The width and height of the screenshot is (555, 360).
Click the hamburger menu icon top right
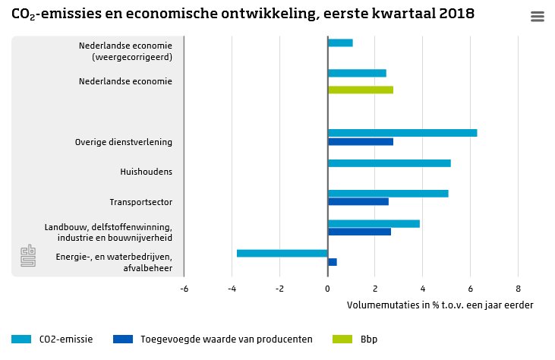click(x=538, y=17)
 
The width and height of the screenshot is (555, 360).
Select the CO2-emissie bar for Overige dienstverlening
click(x=402, y=133)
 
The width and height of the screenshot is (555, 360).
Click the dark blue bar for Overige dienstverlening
click(x=361, y=142)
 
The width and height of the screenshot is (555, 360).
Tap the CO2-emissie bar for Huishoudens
click(x=389, y=163)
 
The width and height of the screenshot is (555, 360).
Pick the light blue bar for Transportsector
click(x=388, y=193)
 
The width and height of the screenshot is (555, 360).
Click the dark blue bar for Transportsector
click(x=358, y=202)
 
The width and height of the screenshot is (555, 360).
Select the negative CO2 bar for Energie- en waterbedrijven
click(x=282, y=253)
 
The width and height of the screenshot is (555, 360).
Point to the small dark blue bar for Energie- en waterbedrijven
click(x=333, y=262)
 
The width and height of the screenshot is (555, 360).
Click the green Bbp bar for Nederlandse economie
click(x=361, y=90)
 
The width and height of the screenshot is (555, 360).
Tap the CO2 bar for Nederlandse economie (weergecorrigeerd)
click(x=340, y=43)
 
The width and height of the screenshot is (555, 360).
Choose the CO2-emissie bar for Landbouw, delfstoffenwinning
click(x=374, y=223)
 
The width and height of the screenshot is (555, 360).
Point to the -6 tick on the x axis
click(x=184, y=289)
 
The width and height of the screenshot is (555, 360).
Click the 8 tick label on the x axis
click(x=518, y=289)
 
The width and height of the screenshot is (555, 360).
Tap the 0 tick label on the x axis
click(x=327, y=289)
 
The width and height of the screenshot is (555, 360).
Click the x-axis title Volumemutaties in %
click(x=440, y=305)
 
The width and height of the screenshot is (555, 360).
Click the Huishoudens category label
click(x=146, y=172)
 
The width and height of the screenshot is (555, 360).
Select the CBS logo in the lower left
click(x=28, y=256)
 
